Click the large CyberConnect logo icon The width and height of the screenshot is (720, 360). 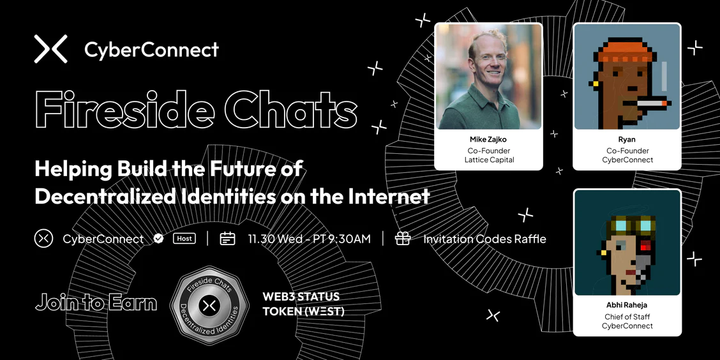(x=50, y=49)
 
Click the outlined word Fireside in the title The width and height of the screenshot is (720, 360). (x=124, y=109)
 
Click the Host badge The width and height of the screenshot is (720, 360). (x=184, y=238)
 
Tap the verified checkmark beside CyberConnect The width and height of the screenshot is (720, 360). (x=158, y=239)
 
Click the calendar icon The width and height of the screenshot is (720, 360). (x=227, y=238)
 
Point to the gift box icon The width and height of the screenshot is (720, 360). (x=403, y=238)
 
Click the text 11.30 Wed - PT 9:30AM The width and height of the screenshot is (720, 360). (x=309, y=239)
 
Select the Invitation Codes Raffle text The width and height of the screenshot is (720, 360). (x=484, y=239)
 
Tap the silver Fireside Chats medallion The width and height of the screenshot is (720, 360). (x=209, y=305)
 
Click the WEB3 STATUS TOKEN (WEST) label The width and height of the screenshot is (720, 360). (x=304, y=304)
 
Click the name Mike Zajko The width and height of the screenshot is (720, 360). (x=488, y=140)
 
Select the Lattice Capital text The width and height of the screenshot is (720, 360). (x=488, y=160)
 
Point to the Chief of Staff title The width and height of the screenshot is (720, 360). (x=627, y=317)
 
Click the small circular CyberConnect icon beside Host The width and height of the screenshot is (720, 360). (x=43, y=239)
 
